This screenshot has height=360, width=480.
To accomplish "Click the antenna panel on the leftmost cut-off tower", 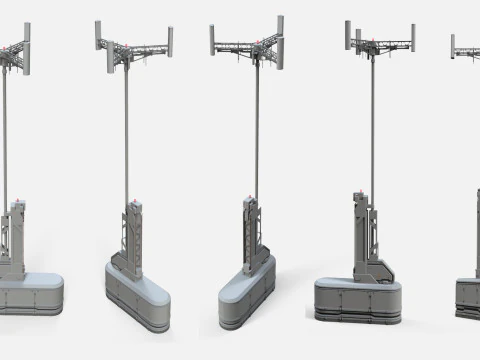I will pyautogui.click(x=27, y=46).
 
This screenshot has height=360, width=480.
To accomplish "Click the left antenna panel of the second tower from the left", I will pyautogui.click(x=99, y=35).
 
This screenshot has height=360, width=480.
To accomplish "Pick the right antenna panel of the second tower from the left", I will pyautogui.click(x=171, y=41).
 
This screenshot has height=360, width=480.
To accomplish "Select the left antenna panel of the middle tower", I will pyautogui.click(x=213, y=39).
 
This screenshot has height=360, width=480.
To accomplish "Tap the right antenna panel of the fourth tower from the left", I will pyautogui.click(x=412, y=38).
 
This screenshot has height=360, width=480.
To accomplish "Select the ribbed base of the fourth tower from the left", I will pyautogui.click(x=357, y=299).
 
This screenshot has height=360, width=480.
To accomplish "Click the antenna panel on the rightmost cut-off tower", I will pyautogui.click(x=453, y=45).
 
